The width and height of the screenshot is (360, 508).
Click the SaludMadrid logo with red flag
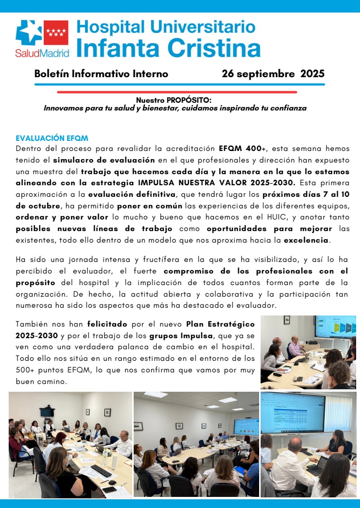[42, 38]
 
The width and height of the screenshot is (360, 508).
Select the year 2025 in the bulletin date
[312, 74]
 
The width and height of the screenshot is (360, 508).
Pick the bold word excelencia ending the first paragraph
[306, 240]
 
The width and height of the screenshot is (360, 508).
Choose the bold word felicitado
[107, 324]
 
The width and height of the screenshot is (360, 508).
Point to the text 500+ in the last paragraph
[24, 370]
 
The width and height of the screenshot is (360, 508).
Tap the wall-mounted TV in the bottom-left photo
[46, 412]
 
